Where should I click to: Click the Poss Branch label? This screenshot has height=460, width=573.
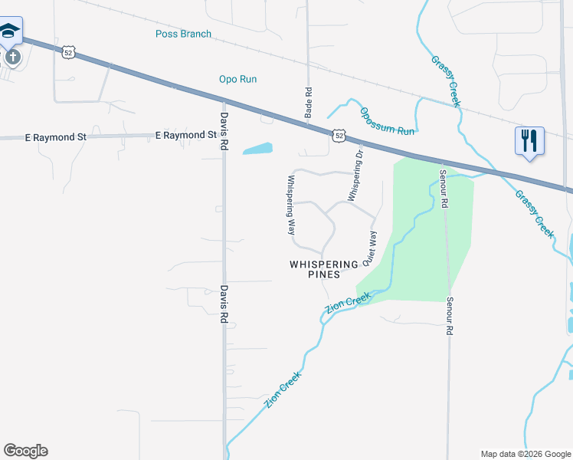(x=183, y=34)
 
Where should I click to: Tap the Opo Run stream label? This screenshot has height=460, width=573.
(x=237, y=79)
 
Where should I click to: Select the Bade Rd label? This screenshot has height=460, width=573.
(x=309, y=100)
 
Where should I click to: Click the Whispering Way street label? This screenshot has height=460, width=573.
(x=291, y=205)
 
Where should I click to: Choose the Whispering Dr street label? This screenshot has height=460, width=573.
(x=354, y=176)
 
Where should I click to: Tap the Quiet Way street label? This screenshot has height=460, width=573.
(x=370, y=247)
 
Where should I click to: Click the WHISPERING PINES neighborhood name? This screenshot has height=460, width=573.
(x=325, y=269)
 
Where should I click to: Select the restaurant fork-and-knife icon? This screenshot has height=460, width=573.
(x=529, y=141)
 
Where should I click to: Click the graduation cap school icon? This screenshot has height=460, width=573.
(x=10, y=31)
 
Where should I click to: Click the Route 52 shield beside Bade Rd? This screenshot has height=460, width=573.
(x=339, y=136)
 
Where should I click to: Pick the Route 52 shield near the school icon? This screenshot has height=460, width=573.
(x=69, y=52)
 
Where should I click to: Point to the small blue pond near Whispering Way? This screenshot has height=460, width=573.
(x=257, y=148)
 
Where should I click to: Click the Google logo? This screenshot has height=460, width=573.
(x=25, y=451)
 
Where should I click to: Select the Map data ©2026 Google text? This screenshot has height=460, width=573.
(x=525, y=454)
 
